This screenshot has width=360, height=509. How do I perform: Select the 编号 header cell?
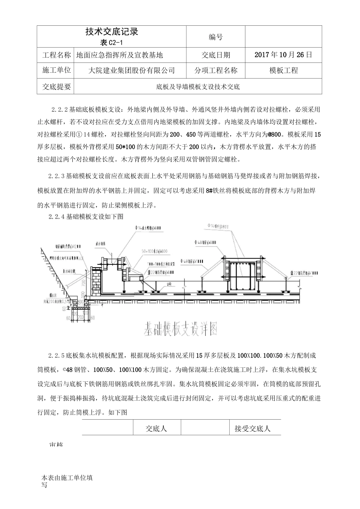[x=216, y=37]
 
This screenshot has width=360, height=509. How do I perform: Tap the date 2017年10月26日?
[x=283, y=55]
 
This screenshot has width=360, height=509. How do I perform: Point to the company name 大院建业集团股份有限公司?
[x=131, y=70]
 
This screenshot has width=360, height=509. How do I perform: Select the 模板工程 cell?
[x=283, y=70]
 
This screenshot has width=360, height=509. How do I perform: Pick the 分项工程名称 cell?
[x=216, y=70]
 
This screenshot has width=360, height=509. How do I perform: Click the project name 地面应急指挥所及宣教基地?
[x=120, y=55]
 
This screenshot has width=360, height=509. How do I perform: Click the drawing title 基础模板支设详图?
[x=180, y=329]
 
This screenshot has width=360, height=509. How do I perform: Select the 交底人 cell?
[x=157, y=428]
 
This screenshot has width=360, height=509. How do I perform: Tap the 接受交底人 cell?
[x=252, y=428]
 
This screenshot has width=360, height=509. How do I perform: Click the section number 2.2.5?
[x=56, y=356]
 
